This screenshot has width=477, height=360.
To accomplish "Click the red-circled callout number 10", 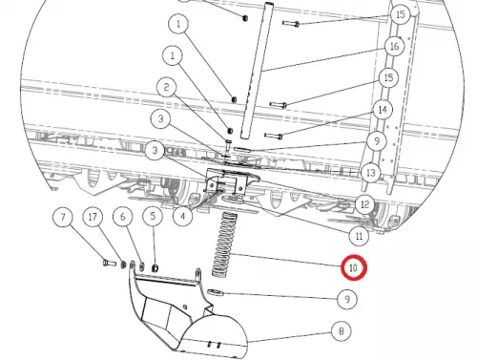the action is point(354,267).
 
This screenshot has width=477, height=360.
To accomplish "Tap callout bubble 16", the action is point(394,46).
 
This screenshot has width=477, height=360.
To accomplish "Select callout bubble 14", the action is point(383,110).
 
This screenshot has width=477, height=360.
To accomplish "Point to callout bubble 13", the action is point(371,173).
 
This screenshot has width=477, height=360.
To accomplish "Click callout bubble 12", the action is point(364,204).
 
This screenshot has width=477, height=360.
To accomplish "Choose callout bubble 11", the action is point(359,236).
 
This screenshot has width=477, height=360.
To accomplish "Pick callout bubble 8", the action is point(342,331).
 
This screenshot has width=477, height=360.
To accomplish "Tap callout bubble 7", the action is point(63,217).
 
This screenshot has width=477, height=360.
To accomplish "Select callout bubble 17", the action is point(93,217).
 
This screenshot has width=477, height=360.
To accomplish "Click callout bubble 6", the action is point(123,217).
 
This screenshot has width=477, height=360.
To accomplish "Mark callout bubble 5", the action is point(153,217).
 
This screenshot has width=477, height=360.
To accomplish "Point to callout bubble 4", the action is point(183,217).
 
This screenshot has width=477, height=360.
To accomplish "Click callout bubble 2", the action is point(167,87).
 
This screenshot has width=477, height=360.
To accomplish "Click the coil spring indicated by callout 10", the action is point(225,244).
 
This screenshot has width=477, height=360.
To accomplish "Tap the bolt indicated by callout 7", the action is point(110,264).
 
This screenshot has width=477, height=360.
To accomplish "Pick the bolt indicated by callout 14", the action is point(274,136).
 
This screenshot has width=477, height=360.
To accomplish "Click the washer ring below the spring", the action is point(216,291).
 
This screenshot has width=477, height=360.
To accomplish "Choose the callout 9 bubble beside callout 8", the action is point(347,299).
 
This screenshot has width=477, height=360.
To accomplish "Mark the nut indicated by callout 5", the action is point(155,268).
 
